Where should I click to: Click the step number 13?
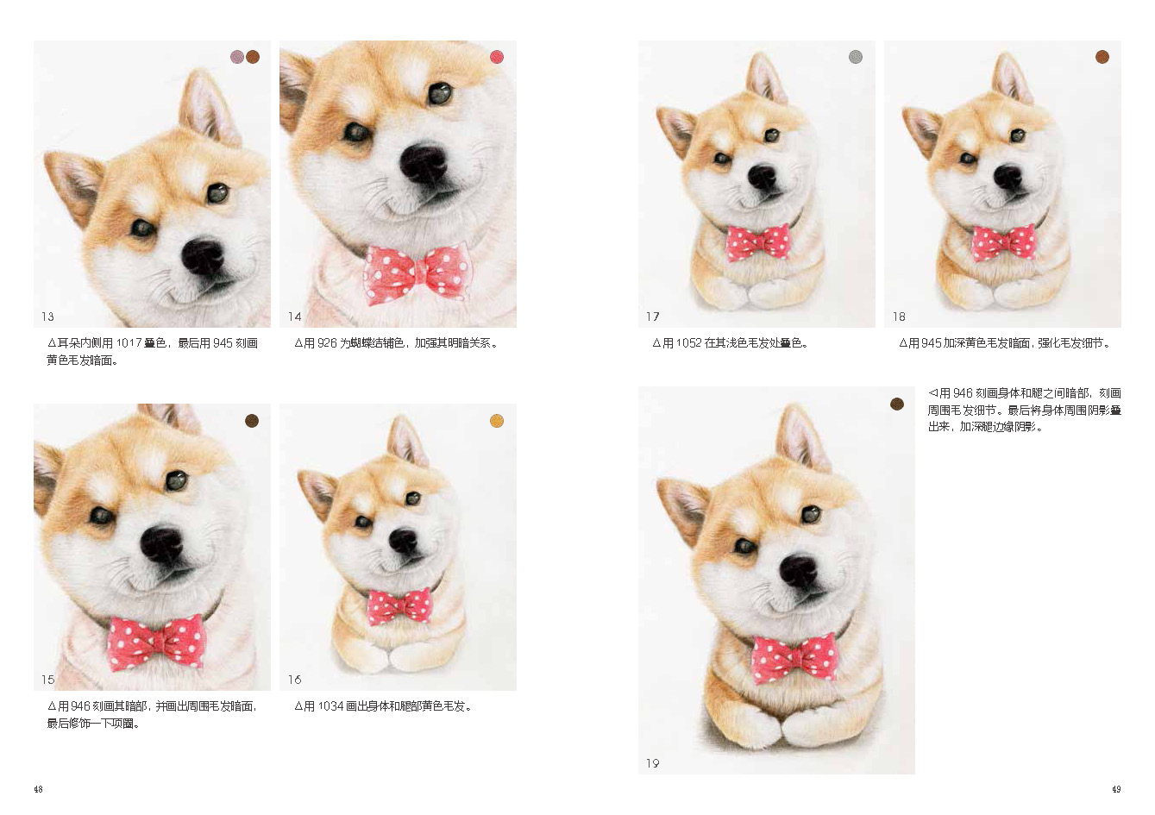(x=47, y=317)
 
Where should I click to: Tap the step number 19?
(x=652, y=763)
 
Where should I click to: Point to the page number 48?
(x=38, y=789)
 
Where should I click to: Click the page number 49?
(x=1116, y=789)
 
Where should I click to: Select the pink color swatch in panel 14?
(x=497, y=57)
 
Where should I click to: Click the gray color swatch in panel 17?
(x=856, y=57)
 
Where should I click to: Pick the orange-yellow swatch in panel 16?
(x=497, y=421)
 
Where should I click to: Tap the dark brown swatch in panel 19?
(x=897, y=404)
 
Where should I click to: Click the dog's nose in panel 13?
(x=203, y=256)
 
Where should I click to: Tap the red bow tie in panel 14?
(x=416, y=273)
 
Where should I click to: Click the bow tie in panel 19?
(x=794, y=658)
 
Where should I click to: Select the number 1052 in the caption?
(x=688, y=342)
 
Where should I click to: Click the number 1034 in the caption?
(x=330, y=706)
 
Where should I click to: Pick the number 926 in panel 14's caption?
(x=327, y=342)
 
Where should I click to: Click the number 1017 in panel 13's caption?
(x=129, y=342)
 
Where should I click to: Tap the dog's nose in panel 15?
(x=161, y=544)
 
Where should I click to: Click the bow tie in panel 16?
(x=399, y=605)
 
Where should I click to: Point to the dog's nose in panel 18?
(x=1007, y=176)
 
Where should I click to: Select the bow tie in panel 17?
(x=758, y=242)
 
